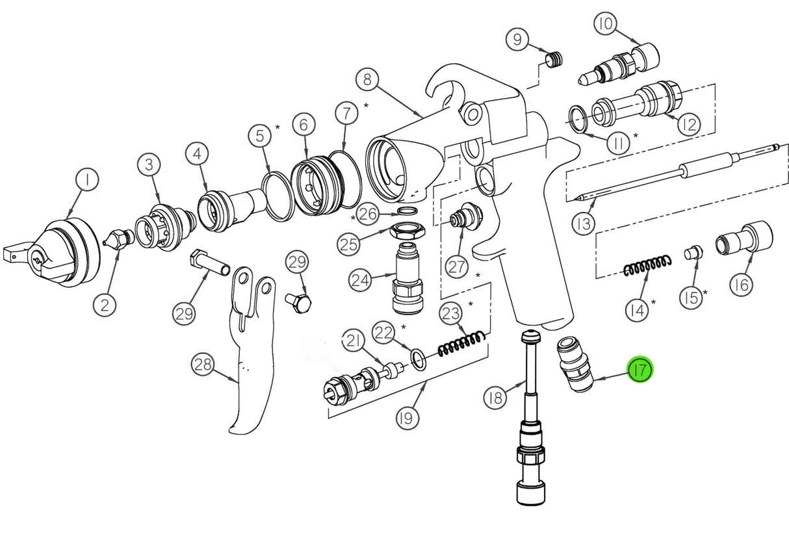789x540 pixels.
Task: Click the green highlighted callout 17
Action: click(x=639, y=370)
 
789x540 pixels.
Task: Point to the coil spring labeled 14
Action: click(x=647, y=266)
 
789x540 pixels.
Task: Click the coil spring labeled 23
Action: click(x=462, y=344)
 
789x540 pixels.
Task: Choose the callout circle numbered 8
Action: click(x=368, y=81)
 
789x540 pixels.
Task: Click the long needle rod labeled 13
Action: click(x=676, y=172)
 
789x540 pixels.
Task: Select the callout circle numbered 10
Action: click(x=606, y=25)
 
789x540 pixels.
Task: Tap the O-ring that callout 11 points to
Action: click(x=580, y=117)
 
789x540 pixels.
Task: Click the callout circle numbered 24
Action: click(x=360, y=280)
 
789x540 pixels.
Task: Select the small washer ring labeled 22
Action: click(x=419, y=358)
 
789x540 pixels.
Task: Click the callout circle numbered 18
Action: click(x=496, y=396)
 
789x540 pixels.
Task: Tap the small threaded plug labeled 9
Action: click(x=553, y=60)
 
